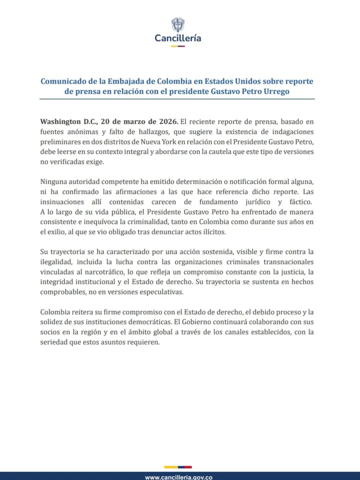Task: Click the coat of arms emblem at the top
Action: click(x=178, y=25)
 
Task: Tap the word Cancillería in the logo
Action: click(x=178, y=38)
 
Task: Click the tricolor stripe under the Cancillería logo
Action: click(x=178, y=46)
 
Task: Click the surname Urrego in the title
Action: click(x=276, y=91)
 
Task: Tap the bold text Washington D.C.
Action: click(x=69, y=122)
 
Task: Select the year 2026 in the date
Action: click(x=168, y=122)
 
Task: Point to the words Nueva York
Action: click(x=158, y=142)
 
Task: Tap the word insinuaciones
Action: click(x=62, y=202)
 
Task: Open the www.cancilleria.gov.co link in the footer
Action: click(x=179, y=477)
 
